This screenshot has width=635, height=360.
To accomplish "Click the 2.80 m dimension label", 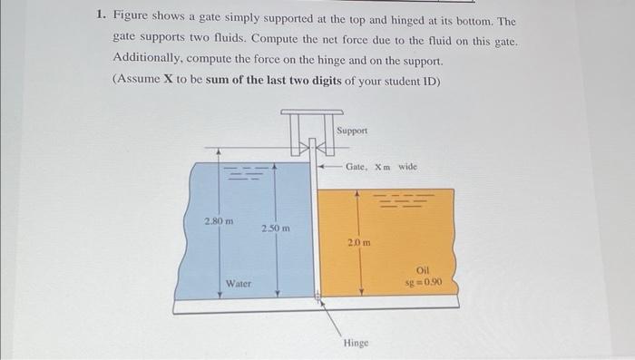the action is point(219,220).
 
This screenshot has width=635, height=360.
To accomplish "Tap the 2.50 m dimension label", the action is point(275,229).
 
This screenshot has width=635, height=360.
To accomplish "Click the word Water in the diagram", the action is point(239,284).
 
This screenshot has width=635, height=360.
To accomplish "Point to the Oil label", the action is point(423,270).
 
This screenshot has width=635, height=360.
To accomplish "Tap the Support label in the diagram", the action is point(352,131).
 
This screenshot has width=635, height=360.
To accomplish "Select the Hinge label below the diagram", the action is point(356,343).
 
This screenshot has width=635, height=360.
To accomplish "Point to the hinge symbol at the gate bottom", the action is point(318,296).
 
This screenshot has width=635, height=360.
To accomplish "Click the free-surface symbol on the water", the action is point(247,170).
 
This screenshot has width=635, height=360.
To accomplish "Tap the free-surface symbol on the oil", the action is point(398,199).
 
